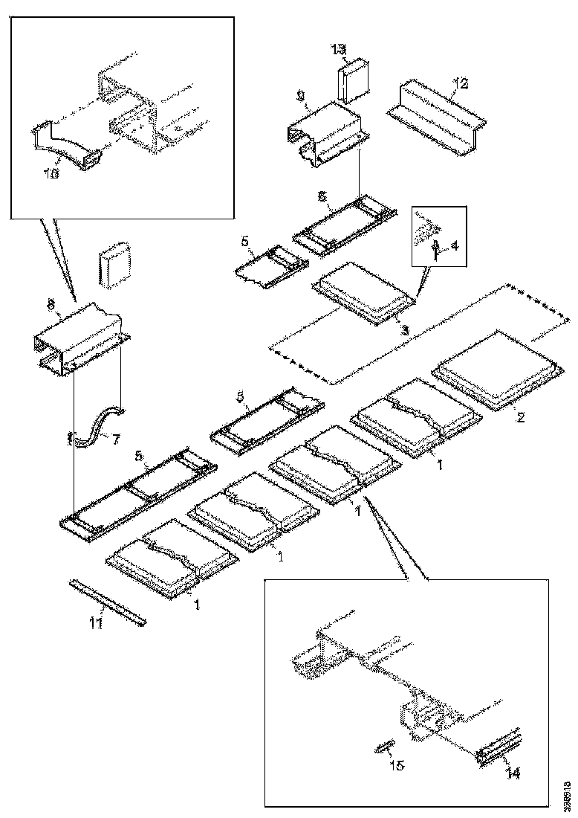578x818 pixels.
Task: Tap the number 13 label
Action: click(337, 50)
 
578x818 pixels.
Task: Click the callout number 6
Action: click(322, 196)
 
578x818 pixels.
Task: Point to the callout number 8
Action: click(51, 304)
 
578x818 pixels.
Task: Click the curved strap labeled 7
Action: click(97, 428)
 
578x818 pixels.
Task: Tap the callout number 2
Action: click(521, 417)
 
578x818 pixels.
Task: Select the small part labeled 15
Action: click(384, 747)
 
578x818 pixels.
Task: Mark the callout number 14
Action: click(513, 774)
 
